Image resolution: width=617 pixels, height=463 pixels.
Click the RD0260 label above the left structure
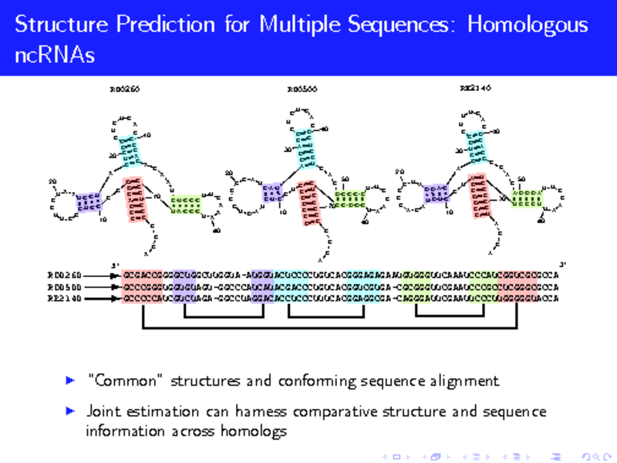tap(124, 89)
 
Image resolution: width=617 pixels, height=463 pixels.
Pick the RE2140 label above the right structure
tap(475, 88)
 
